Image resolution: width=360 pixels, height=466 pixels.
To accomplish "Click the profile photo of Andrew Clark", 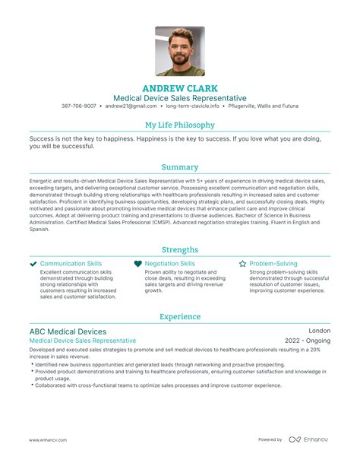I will [x=180, y=52].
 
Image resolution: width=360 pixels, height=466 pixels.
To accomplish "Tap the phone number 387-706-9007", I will [x=79, y=106].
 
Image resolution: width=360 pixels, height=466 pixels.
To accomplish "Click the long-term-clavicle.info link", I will [x=189, y=106].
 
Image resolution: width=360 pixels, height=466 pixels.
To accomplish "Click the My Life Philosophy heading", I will [x=180, y=125].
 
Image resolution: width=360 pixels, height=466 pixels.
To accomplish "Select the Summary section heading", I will [x=180, y=167].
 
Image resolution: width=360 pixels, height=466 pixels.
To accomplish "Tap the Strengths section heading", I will [x=180, y=249].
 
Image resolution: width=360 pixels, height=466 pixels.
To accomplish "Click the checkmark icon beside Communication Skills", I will [x=33, y=264].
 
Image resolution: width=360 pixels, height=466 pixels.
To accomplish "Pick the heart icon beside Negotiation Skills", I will [x=137, y=264].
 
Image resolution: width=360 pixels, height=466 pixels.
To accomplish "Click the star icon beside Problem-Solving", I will [x=242, y=264].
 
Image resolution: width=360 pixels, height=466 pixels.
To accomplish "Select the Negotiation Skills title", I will [x=169, y=264].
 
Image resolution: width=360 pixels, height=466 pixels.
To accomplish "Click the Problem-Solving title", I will [x=275, y=264].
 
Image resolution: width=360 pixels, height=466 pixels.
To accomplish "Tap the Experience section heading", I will [x=180, y=316].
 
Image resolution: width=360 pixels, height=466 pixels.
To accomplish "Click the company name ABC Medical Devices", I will [x=68, y=331].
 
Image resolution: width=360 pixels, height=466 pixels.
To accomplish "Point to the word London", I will [x=319, y=331].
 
